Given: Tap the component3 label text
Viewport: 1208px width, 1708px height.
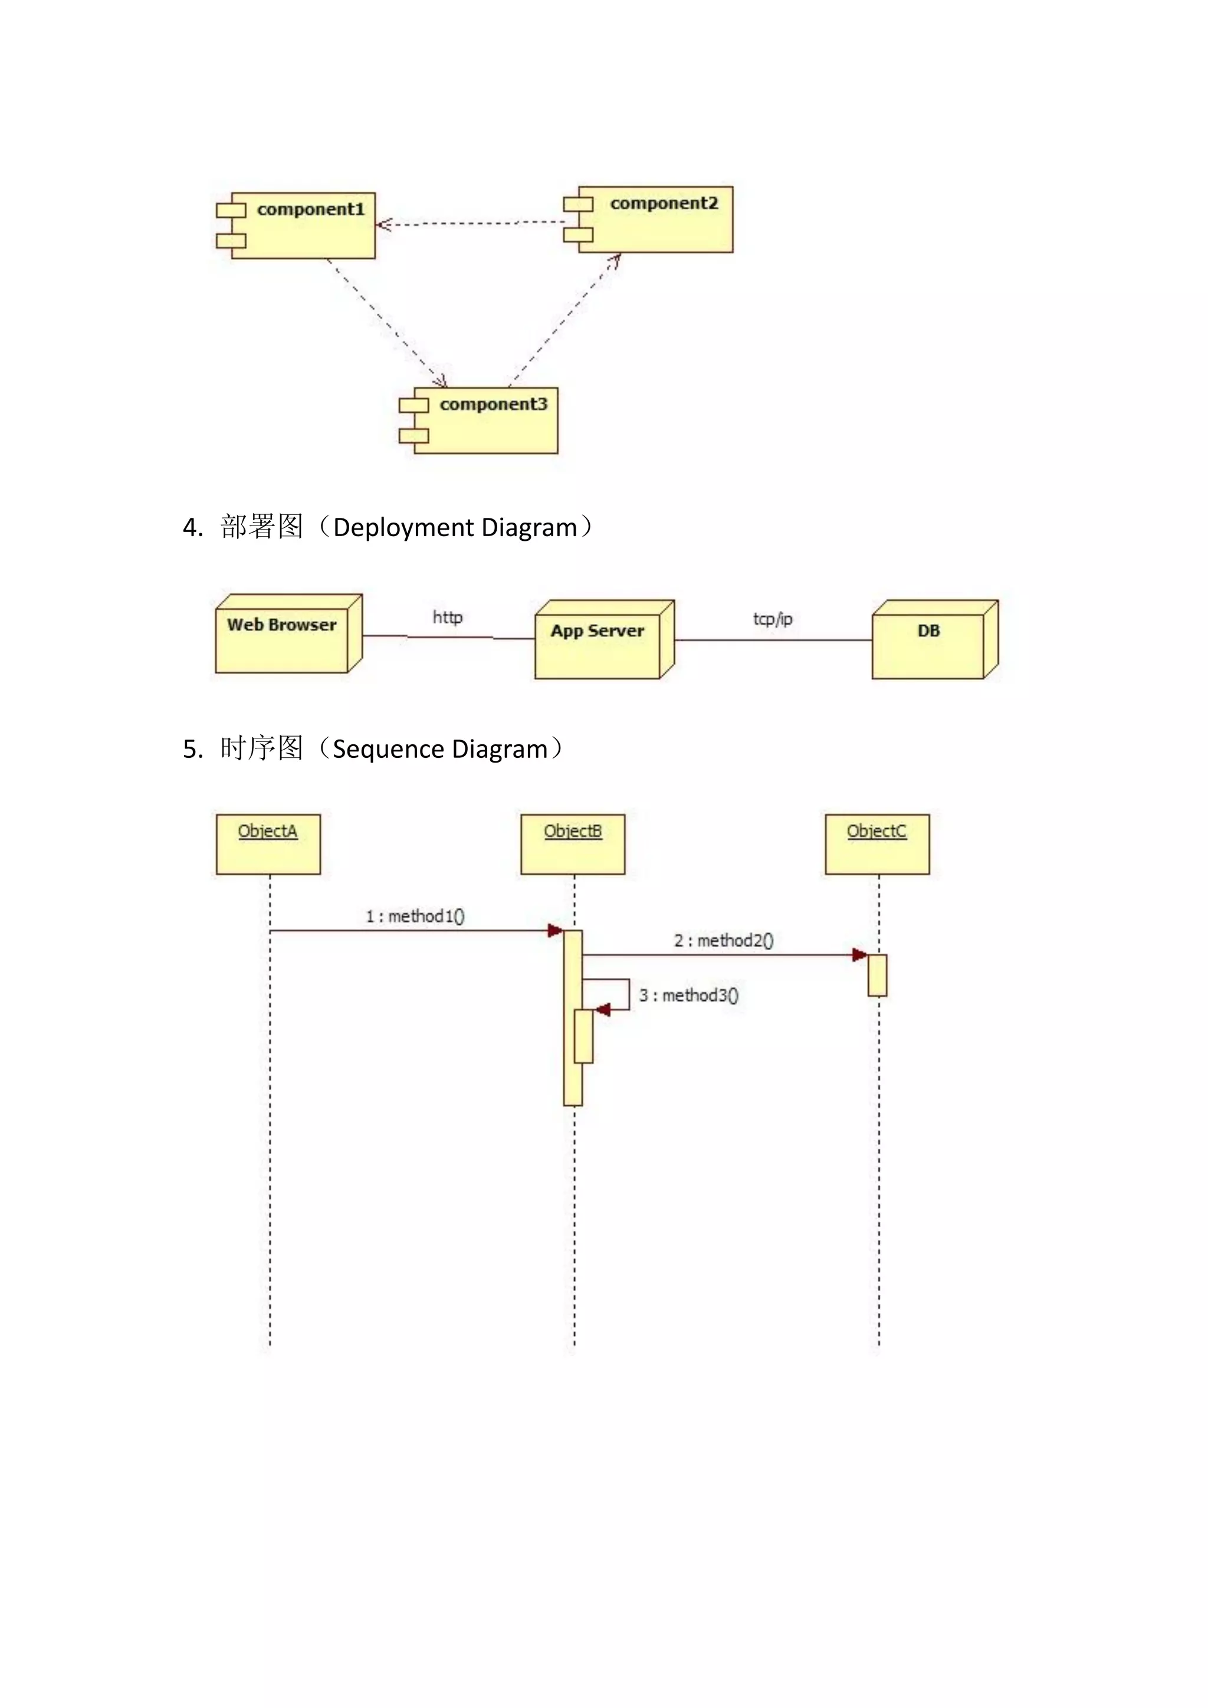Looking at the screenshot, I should click(493, 405).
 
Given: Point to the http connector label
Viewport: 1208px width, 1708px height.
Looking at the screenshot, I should click(448, 617).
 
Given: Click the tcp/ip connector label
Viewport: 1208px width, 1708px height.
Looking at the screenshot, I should click(773, 619).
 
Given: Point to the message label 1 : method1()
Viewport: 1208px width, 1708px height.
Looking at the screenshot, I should click(415, 917).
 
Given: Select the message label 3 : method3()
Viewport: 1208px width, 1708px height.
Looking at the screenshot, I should click(689, 996).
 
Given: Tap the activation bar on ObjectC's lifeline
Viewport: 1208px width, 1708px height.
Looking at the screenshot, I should click(877, 975).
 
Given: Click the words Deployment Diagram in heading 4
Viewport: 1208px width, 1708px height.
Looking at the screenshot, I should click(455, 527).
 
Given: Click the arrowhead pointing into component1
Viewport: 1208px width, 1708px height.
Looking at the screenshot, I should click(382, 225).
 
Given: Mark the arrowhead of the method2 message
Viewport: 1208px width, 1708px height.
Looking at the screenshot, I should click(860, 955).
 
